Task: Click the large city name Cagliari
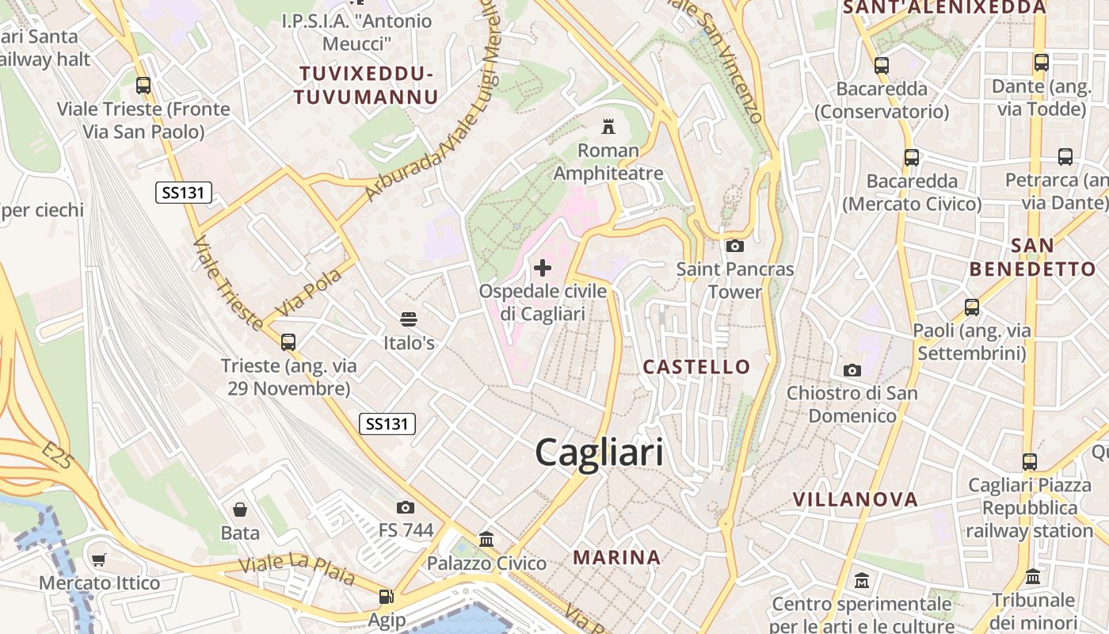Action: (600, 453)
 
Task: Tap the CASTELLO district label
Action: (696, 366)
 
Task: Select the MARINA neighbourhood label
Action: (617, 557)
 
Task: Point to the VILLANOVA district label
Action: (856, 499)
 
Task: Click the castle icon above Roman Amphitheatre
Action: (608, 126)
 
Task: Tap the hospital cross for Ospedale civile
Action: (543, 268)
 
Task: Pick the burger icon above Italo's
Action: (409, 320)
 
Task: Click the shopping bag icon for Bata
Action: (240, 510)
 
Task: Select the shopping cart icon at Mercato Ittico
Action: (99, 560)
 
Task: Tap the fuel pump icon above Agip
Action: (387, 597)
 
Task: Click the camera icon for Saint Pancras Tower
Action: (734, 246)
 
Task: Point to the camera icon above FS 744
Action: (406, 507)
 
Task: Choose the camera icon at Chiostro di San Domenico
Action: (852, 370)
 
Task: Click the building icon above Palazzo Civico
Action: (486, 540)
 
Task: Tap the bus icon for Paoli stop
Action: (972, 307)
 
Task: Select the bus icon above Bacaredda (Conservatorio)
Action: (882, 66)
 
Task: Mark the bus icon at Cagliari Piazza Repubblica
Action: (1029, 461)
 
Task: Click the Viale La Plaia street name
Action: (297, 570)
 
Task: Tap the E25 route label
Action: (58, 457)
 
